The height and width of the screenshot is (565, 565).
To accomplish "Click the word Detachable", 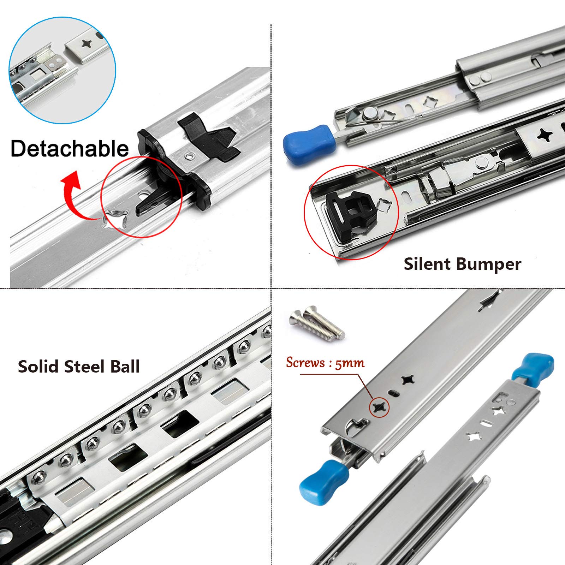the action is point(70,148).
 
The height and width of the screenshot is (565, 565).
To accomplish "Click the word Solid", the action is point(38,367).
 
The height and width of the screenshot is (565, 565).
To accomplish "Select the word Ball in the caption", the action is point(125,367).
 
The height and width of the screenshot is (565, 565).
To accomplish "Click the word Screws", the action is point(305,363).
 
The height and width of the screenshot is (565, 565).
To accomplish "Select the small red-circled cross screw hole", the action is point(379,408).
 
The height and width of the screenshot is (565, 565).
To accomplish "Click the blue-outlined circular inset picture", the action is point(62,70).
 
